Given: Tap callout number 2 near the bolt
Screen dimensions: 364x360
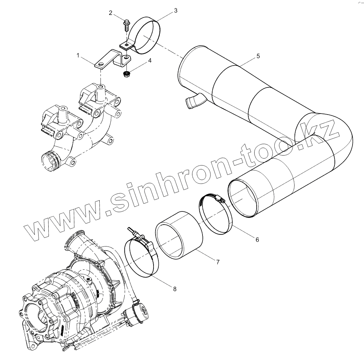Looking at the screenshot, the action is (x=110, y=13).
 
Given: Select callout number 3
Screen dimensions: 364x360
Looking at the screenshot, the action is (x=175, y=11).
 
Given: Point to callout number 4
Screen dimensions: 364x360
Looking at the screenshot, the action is (x=150, y=60).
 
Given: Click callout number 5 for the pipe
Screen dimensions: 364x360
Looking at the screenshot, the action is (x=258, y=56).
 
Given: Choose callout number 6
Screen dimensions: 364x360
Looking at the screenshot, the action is (x=257, y=239).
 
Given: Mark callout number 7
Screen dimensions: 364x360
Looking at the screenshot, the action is (x=218, y=262).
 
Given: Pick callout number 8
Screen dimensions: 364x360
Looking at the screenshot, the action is (x=174, y=288).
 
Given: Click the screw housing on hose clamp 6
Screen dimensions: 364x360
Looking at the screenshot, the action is (x=219, y=199).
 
